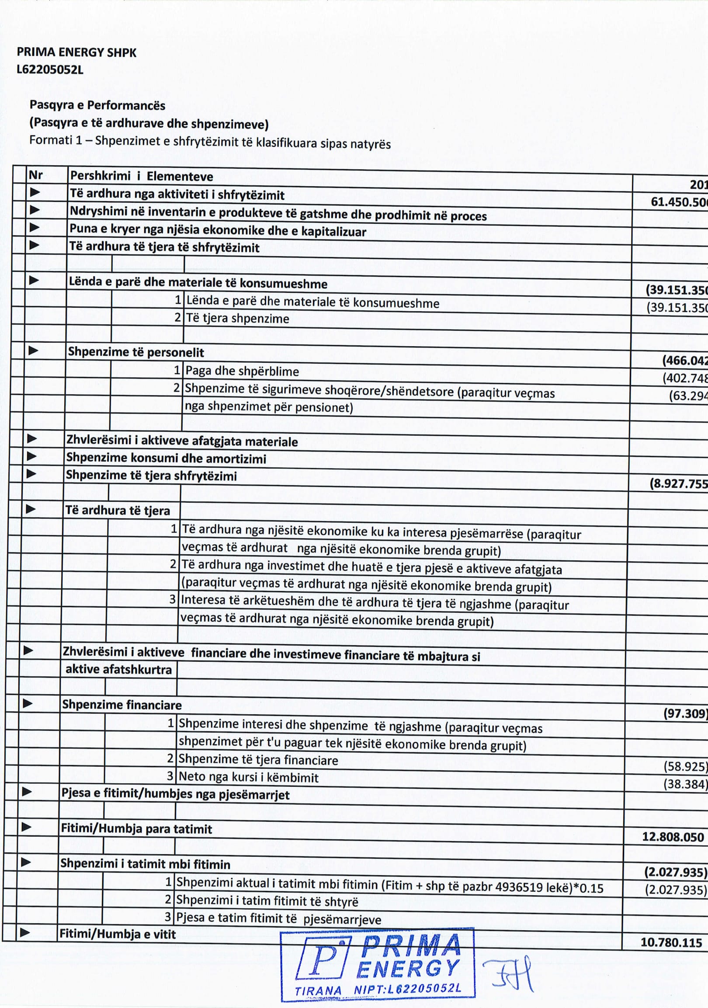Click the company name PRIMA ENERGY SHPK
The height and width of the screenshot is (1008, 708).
[x=76, y=53]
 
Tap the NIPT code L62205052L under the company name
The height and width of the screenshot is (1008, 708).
[x=49, y=70]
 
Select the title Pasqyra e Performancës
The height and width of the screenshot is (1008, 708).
[x=97, y=105]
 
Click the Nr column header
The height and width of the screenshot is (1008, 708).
[x=35, y=175]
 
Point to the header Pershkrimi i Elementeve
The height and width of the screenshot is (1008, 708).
[x=141, y=176]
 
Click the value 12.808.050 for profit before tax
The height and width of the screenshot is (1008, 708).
[x=673, y=837]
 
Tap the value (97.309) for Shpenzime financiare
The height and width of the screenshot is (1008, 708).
[x=685, y=713]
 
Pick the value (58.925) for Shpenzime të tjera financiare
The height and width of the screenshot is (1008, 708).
[x=685, y=767]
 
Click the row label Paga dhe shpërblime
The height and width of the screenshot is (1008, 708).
[x=242, y=371]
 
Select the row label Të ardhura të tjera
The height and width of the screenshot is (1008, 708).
[x=117, y=510]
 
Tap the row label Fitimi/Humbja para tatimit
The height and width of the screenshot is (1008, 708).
[x=136, y=829]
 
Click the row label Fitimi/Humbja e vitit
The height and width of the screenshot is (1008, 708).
[x=117, y=934]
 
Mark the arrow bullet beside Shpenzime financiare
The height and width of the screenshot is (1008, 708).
[x=28, y=703]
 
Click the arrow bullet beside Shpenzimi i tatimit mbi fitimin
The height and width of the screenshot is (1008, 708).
[x=26, y=862]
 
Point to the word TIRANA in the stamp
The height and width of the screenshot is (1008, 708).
[x=318, y=991]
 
